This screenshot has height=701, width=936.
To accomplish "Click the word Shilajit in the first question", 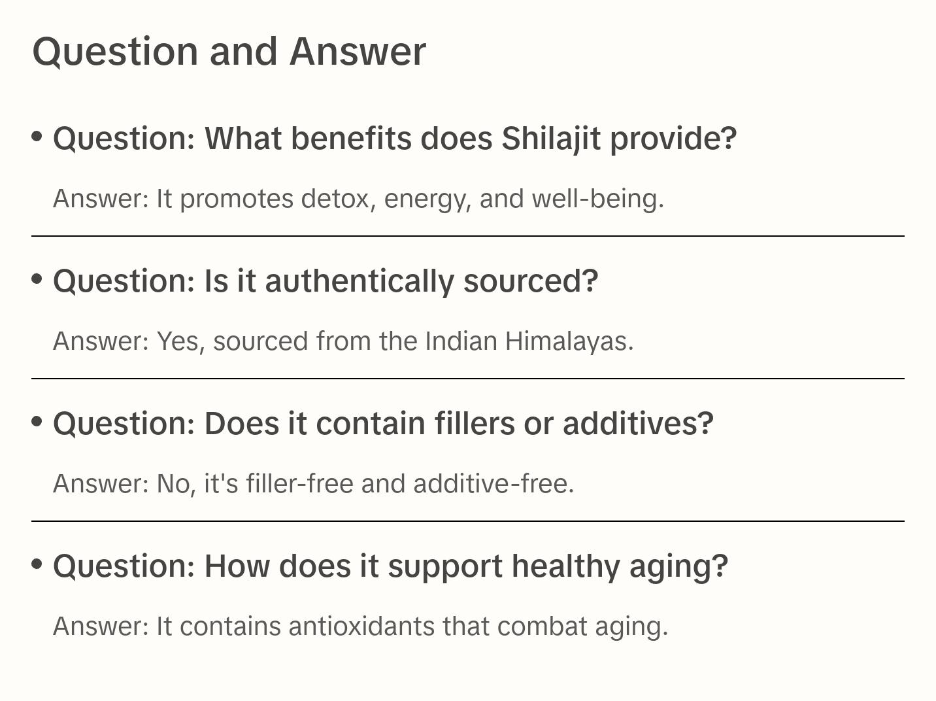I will (x=550, y=139).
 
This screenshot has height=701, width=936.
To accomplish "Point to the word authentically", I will (x=359, y=281).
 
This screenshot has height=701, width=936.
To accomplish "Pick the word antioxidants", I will (x=361, y=626).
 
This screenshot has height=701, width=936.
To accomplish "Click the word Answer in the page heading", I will (x=357, y=51).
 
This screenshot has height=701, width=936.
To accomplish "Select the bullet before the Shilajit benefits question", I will (x=37, y=137).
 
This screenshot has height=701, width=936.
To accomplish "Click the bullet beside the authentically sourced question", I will (x=37, y=279).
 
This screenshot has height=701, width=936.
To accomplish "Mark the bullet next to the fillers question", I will (x=37, y=422).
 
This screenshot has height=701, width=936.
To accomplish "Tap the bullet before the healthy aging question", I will (x=37, y=564).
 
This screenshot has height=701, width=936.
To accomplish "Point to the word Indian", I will (x=461, y=341).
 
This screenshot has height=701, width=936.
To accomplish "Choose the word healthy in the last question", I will (x=565, y=566).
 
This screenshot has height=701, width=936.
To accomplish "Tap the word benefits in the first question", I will (x=351, y=139).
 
